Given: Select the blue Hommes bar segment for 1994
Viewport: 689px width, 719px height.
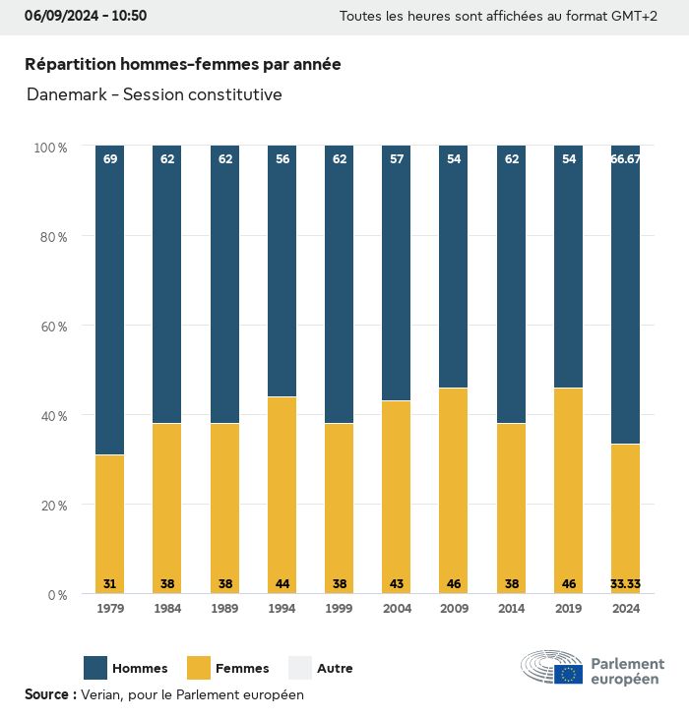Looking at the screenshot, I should (282, 270).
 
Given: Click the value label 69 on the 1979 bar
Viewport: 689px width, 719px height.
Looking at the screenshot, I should (110, 159).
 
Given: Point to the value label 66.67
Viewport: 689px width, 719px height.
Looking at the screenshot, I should (626, 159).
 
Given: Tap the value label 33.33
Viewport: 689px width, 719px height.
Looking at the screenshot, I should (626, 584).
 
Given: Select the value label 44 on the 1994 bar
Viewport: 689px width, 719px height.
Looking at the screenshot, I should (282, 584).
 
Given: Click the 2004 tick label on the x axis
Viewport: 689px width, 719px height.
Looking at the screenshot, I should (397, 609).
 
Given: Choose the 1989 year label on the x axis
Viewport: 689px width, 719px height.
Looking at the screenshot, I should (224, 609).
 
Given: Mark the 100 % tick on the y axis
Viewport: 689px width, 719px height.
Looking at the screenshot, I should (49, 148).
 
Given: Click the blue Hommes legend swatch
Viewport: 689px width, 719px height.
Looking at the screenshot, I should (95, 668).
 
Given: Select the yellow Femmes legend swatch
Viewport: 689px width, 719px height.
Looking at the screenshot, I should (200, 668).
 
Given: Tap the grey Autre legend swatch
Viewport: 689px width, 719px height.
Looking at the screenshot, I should (299, 668).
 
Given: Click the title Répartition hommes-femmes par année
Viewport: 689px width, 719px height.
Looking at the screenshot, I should (183, 64).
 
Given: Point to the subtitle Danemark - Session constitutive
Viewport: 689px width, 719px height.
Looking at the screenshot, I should (155, 94).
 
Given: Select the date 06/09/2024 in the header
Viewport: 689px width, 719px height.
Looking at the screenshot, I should (62, 16).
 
